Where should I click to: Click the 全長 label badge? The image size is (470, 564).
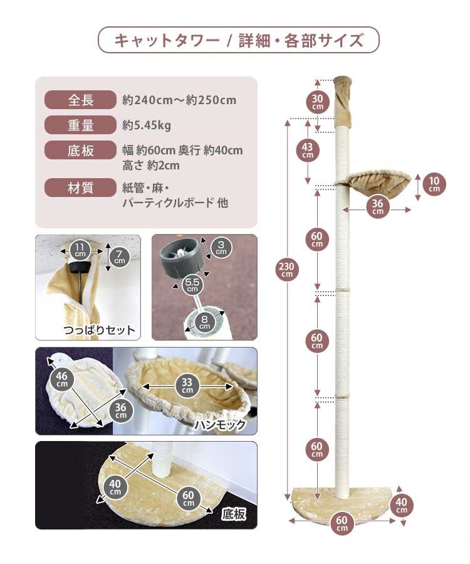click(80, 100)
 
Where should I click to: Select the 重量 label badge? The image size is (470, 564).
click(80, 125)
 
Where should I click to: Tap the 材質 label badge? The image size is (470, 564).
click(80, 187)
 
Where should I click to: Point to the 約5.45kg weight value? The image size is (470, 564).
click(147, 125)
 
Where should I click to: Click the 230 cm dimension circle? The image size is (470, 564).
click(287, 269)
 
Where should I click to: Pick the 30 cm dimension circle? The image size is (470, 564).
click(318, 102)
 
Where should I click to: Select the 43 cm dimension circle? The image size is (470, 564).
click(307, 151)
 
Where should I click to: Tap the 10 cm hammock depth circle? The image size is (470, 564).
click(434, 184)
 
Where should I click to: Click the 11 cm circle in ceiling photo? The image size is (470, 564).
click(80, 250)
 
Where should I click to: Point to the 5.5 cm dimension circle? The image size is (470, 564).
click(192, 285)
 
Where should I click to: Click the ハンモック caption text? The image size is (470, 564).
click(219, 424)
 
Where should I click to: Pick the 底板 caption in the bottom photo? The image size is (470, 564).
click(234, 514)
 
